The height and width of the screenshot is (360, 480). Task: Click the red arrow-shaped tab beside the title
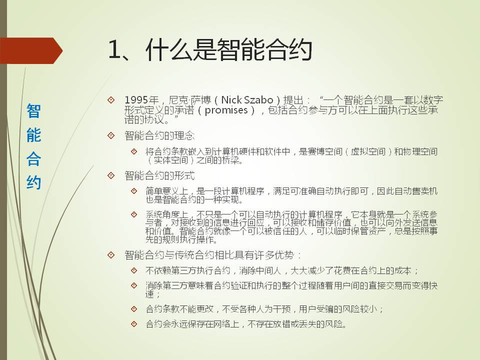point(31,50)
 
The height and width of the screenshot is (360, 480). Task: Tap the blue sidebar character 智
point(33,111)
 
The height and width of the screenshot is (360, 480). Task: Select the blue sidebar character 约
point(33,183)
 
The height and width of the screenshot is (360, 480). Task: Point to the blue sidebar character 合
point(33,159)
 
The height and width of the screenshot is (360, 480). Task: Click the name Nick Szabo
point(247,100)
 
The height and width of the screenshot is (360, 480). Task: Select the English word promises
point(226,110)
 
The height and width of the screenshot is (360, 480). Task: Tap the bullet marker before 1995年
point(111,100)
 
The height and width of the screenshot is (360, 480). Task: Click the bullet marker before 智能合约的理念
point(111,135)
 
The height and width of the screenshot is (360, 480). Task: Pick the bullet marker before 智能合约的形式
point(111,175)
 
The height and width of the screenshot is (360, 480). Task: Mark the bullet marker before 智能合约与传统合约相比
point(111,254)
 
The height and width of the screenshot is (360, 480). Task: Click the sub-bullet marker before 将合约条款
point(134,151)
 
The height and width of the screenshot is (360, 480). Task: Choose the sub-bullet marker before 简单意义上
point(134,191)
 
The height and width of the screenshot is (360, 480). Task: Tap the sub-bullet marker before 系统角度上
point(134,214)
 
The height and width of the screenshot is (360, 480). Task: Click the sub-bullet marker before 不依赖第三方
point(134,270)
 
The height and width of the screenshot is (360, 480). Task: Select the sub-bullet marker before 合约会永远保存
point(134,323)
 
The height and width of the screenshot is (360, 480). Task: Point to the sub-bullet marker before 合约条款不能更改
point(134,309)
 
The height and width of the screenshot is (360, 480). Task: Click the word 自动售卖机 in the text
point(416,191)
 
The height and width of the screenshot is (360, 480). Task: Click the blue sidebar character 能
point(33,134)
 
